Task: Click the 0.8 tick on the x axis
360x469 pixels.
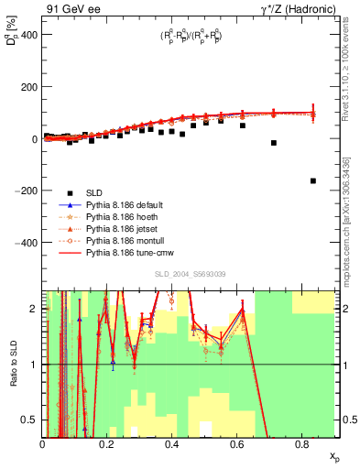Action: click(301, 443)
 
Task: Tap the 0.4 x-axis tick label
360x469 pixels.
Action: click(172, 443)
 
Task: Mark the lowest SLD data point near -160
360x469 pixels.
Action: click(313, 181)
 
